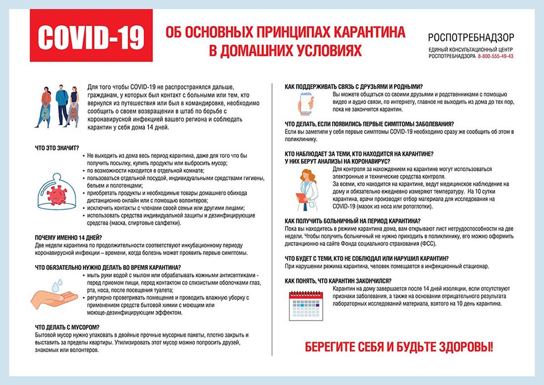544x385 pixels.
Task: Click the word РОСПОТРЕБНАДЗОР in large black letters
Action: (x=471, y=38)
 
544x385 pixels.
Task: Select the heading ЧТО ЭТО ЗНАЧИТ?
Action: (x=57, y=148)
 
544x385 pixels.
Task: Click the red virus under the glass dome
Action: (x=57, y=195)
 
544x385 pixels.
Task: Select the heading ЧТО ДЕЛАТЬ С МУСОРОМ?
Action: (x=67, y=327)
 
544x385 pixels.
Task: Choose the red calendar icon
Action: (x=305, y=306)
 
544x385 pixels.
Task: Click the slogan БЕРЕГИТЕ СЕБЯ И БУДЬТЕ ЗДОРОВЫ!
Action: (x=399, y=346)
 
